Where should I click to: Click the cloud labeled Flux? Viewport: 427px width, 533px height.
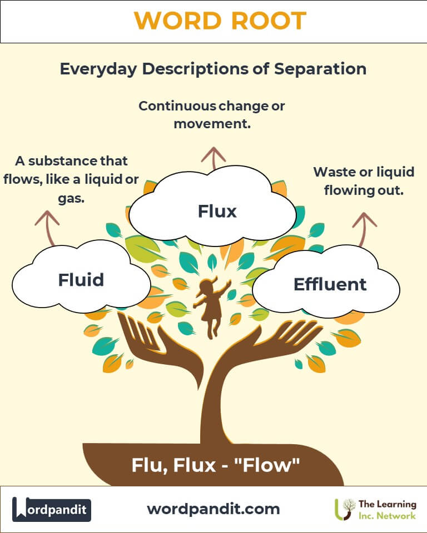click(x=217, y=211)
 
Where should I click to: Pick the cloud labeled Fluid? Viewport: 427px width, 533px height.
click(x=81, y=279)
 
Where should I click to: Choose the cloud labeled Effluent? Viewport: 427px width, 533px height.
click(x=329, y=284)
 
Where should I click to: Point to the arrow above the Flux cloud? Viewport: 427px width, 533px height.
click(x=211, y=158)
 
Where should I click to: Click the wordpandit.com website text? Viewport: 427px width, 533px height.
click(x=213, y=509)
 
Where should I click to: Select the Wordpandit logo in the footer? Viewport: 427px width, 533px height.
click(x=52, y=509)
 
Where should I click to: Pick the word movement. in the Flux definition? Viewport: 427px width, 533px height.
click(x=212, y=123)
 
